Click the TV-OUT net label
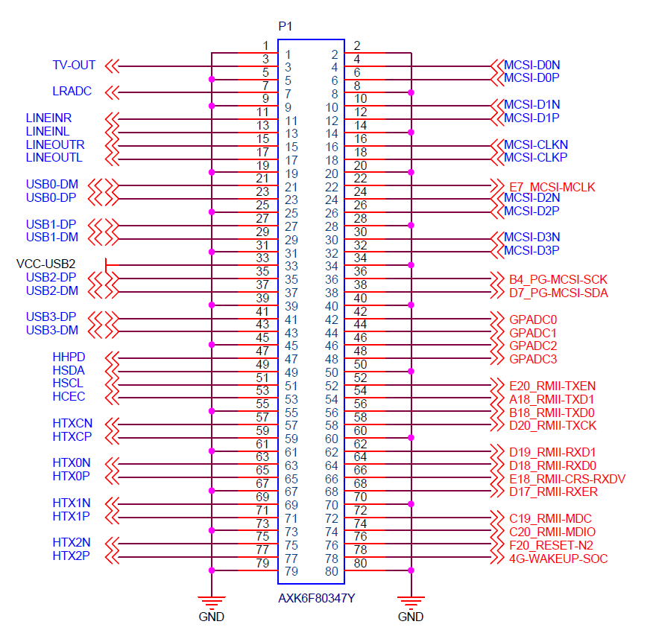[x=74, y=66]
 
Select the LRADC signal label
[x=72, y=92]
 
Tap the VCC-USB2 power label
[x=45, y=264]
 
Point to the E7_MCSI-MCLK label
[x=552, y=187]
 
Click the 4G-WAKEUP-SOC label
[x=558, y=559]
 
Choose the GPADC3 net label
[x=533, y=359]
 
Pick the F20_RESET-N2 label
[x=552, y=545]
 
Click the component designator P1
[x=285, y=27]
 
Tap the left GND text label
[x=212, y=617]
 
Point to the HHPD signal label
[x=69, y=357]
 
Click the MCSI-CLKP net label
[x=535, y=158]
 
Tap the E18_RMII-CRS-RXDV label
[x=567, y=479]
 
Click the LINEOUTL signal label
[x=54, y=158]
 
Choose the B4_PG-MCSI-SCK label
[x=558, y=279]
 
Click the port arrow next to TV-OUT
[x=112, y=66]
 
